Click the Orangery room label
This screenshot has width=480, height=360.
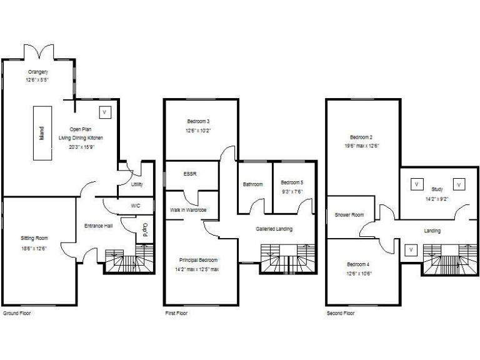[x=37, y=72]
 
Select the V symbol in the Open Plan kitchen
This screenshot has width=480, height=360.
[x=104, y=112]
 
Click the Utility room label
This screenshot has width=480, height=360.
[x=136, y=184]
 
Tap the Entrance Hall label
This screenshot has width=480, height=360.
[x=98, y=226]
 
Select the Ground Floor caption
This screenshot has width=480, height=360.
[x=16, y=312]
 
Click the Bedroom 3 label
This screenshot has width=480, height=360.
[x=198, y=121]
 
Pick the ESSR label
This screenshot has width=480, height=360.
[x=189, y=174]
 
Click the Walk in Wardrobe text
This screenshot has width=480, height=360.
[x=188, y=210]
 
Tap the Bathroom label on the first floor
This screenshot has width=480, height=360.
[x=253, y=184]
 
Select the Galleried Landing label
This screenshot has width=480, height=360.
[x=274, y=229]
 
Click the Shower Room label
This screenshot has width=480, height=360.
[x=349, y=215]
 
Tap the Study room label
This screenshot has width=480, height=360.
[x=436, y=189]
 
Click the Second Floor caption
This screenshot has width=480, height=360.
[x=341, y=312]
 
